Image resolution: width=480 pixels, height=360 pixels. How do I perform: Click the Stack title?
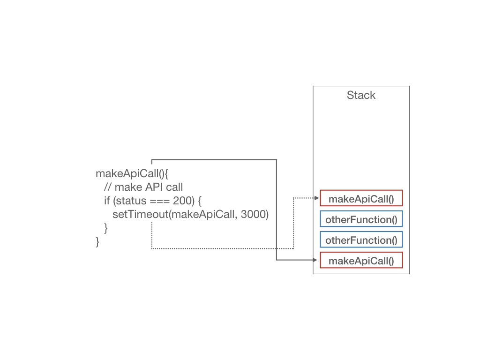361,95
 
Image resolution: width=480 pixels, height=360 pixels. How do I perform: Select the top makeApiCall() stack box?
361,198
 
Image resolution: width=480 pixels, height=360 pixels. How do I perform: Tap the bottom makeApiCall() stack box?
361,260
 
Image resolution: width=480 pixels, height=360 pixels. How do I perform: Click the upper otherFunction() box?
361,218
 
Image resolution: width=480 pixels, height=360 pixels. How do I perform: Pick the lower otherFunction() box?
361,240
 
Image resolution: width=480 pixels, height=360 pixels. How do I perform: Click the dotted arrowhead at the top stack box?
317,198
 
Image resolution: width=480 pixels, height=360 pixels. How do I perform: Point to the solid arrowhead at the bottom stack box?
315,260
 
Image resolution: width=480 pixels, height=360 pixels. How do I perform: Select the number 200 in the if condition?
182,201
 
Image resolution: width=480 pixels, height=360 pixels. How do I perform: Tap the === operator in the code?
159,201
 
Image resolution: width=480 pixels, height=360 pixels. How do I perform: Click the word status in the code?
131,201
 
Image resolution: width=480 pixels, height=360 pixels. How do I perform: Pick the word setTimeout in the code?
141,214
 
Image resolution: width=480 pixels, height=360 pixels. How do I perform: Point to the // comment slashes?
107,187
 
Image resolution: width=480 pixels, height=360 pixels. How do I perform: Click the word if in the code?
107,201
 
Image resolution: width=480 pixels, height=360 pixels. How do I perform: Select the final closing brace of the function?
97,242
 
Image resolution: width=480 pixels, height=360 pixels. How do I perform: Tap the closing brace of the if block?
106,228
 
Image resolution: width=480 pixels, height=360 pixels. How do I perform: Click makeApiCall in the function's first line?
127,173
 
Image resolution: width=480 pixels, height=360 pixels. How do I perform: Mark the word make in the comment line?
128,187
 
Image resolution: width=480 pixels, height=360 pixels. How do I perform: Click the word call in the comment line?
174,187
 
